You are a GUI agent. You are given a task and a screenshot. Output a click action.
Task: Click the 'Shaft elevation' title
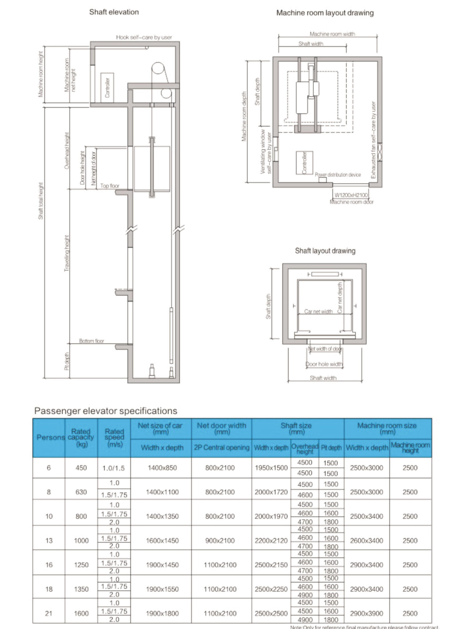point(114,12)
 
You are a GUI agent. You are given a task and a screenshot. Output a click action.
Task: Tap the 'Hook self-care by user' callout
point(144,37)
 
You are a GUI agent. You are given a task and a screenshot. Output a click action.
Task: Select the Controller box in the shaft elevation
point(107,88)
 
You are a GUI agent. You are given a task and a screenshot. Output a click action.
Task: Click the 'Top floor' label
point(110,186)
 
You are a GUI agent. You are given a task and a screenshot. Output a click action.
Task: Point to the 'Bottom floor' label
point(92,341)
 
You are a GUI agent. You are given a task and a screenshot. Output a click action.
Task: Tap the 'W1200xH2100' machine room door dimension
point(351,195)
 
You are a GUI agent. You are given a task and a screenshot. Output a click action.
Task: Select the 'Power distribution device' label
point(338,175)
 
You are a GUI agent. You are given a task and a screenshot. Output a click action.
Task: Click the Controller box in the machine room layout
point(304,162)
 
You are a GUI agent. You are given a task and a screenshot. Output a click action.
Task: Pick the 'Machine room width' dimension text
point(332,34)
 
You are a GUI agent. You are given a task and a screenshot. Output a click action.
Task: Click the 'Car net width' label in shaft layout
point(318,311)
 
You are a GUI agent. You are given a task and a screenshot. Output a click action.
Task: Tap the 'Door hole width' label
point(324,364)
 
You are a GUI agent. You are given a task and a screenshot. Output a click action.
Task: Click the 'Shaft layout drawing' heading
point(325,251)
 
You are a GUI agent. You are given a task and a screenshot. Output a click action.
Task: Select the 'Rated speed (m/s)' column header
point(114,438)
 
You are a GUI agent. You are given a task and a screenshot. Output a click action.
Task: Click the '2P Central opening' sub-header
point(222,447)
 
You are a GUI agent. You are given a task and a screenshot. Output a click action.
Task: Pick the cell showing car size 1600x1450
point(162,541)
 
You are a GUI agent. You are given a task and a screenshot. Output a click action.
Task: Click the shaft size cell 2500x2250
point(271,589)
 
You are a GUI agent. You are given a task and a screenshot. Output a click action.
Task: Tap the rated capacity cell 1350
point(81,589)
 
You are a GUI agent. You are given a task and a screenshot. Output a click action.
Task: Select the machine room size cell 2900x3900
point(366,613)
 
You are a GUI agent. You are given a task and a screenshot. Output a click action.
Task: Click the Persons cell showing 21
point(49,613)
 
